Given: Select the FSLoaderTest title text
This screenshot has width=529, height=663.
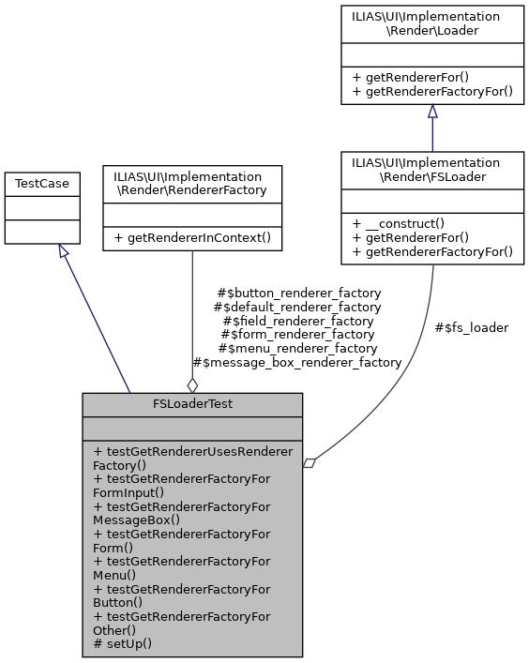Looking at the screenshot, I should [192, 404].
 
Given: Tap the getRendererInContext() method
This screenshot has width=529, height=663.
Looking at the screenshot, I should [192, 237].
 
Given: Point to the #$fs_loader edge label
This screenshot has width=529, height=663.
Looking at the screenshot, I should [472, 327].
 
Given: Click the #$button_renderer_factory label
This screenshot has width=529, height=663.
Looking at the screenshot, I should [298, 293].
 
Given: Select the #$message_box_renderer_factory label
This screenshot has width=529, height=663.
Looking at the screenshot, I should [296, 362].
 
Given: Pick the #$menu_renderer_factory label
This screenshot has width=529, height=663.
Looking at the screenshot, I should [296, 348].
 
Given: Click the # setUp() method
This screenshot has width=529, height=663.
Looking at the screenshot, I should [123, 643].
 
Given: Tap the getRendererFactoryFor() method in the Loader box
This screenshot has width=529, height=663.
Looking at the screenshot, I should [432, 91].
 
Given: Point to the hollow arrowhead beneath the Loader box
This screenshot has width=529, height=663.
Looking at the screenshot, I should [432, 112].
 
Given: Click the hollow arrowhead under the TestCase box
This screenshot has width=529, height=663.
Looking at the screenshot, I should [63, 250].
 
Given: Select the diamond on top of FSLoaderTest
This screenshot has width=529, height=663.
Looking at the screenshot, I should [192, 384].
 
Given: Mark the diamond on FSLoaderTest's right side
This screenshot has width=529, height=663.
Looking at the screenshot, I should [310, 461].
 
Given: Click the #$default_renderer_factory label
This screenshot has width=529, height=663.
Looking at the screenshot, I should [297, 307].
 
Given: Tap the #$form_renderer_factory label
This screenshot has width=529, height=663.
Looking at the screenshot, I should [297, 334].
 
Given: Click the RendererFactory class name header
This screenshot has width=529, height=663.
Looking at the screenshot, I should [192, 183].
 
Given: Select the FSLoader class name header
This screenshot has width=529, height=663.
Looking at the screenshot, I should [432, 170].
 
